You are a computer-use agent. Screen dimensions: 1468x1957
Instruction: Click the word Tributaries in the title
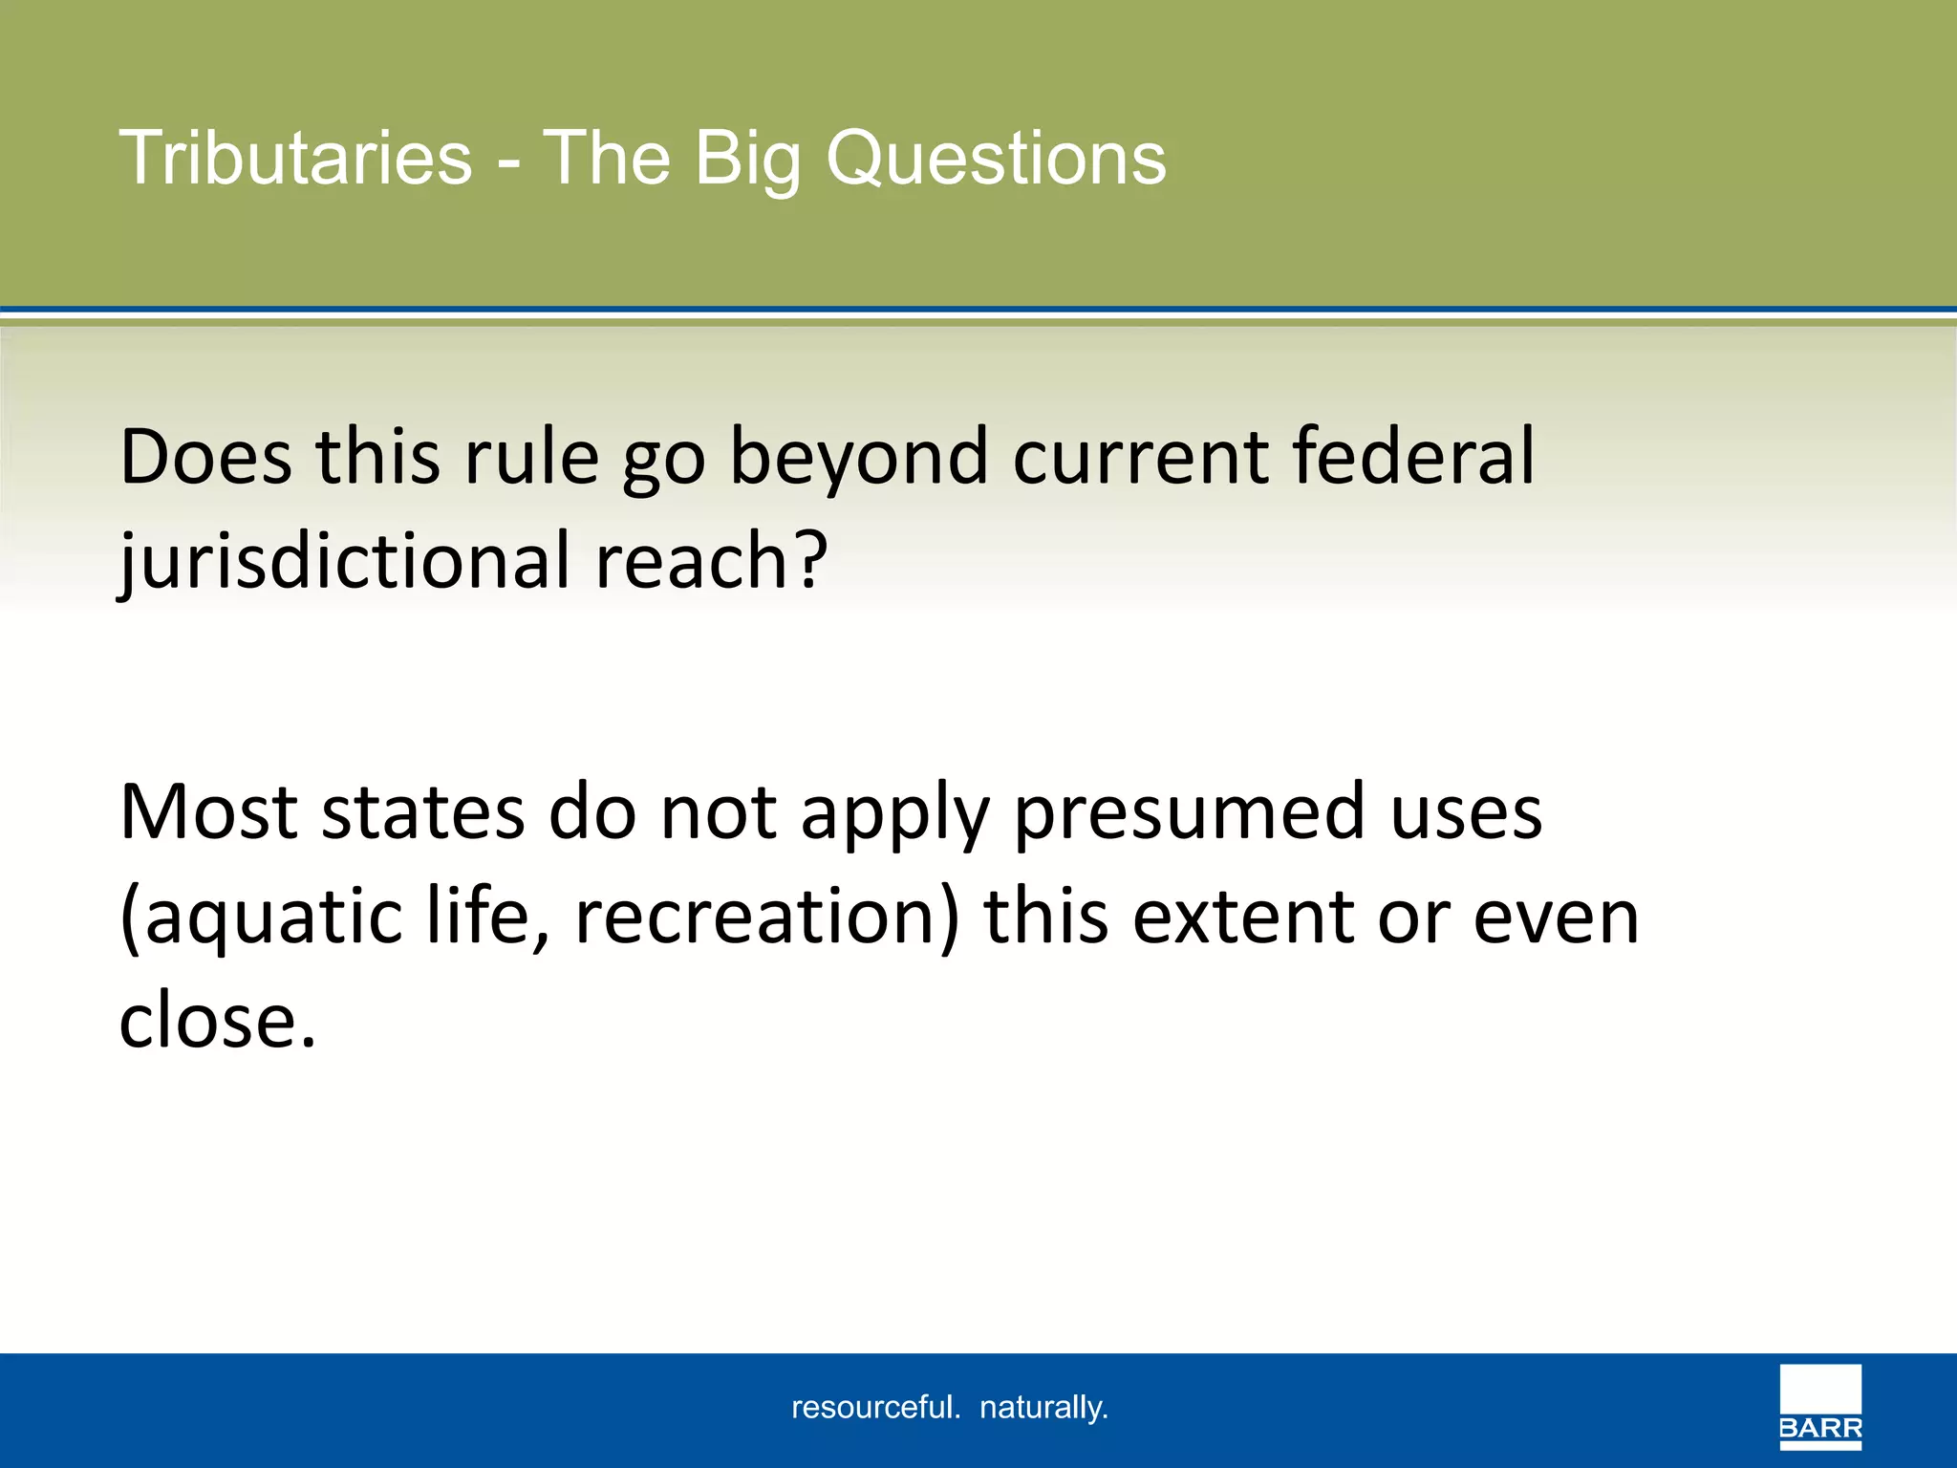[x=295, y=158]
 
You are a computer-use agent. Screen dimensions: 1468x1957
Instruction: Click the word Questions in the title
[x=996, y=158]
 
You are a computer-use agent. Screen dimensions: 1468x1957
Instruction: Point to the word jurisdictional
[x=344, y=562]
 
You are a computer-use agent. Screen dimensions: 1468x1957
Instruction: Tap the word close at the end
[x=208, y=1020]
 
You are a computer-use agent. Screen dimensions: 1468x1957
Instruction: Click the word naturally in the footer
[x=1043, y=1407]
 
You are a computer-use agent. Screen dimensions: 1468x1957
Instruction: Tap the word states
[x=422, y=811]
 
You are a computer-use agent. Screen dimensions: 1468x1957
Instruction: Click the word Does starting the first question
[x=205, y=457]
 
